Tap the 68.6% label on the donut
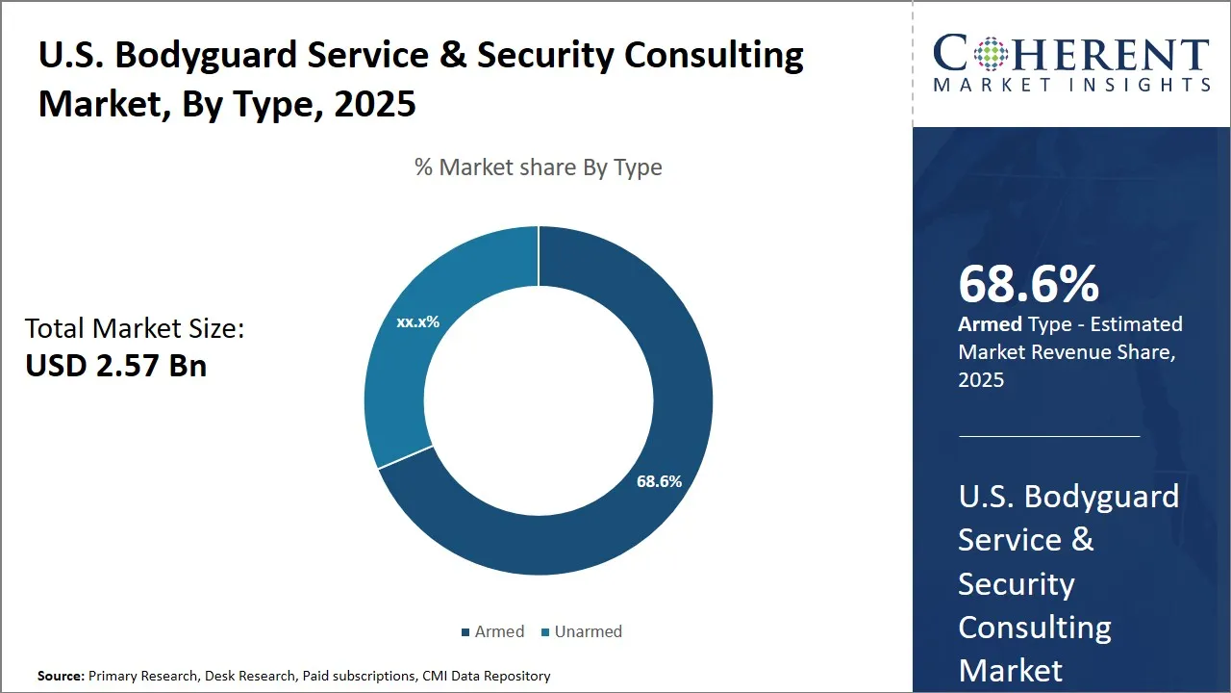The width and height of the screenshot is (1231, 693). pos(659,481)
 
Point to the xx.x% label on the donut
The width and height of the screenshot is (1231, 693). pos(417,321)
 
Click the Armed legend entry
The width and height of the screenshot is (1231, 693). pos(492,631)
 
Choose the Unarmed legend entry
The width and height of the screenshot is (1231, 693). pos(581,631)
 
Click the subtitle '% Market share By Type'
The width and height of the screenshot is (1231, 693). pos(538,167)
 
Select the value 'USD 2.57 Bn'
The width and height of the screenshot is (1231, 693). pos(115,366)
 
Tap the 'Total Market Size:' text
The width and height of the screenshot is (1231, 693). pos(135,329)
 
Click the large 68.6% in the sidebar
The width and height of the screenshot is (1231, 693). pos(1028,285)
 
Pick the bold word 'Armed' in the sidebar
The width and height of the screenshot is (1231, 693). pos(990,324)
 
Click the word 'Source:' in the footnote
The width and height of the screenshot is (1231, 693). pos(61,677)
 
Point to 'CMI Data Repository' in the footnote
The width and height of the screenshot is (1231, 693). pos(486,677)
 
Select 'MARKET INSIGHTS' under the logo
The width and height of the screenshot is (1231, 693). pos(1071,85)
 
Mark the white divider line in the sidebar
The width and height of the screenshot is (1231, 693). pos(1048,436)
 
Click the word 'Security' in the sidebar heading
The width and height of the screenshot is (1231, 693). pos(1016,583)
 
